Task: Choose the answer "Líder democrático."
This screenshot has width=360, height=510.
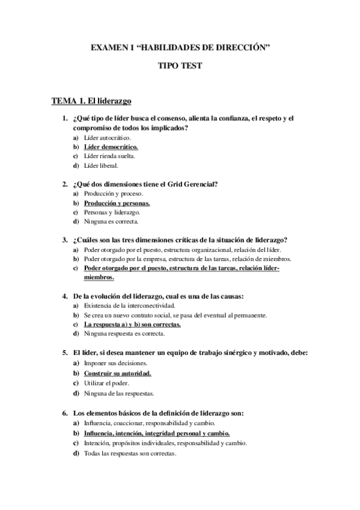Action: pos(111,147)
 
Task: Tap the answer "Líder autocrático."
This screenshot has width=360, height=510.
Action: pos(108,138)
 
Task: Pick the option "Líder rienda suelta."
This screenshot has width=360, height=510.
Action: pos(110,156)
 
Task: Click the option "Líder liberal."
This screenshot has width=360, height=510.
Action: pos(102,165)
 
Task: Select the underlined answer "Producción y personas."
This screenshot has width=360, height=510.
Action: pos(117,203)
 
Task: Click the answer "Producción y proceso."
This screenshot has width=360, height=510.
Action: pos(113,194)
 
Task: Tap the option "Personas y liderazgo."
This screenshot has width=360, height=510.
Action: pos(112,212)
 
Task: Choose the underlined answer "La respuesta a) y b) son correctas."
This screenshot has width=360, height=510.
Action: pos(133,324)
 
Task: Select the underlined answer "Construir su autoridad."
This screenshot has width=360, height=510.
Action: pos(117,373)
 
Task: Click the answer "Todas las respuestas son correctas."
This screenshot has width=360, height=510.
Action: pos(130,453)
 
